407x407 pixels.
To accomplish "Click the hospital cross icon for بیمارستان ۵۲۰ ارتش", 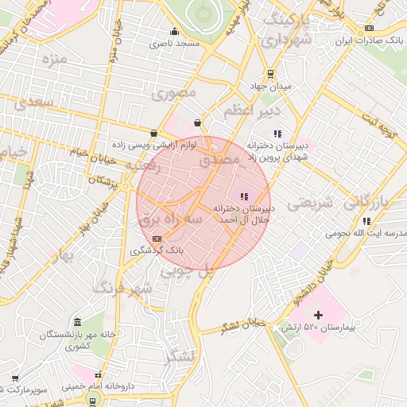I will [x=319, y=315].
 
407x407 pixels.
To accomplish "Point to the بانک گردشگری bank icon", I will [x=157, y=238].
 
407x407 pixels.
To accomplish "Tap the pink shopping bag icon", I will [x=196, y=122].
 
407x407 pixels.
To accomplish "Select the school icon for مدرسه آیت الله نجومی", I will [x=366, y=221].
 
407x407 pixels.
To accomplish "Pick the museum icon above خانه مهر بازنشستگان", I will [x=77, y=322].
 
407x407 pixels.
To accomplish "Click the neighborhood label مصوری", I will [x=169, y=93].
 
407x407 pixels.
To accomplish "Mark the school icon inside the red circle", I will [x=244, y=196].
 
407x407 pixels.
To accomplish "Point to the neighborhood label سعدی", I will [x=33, y=103].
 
